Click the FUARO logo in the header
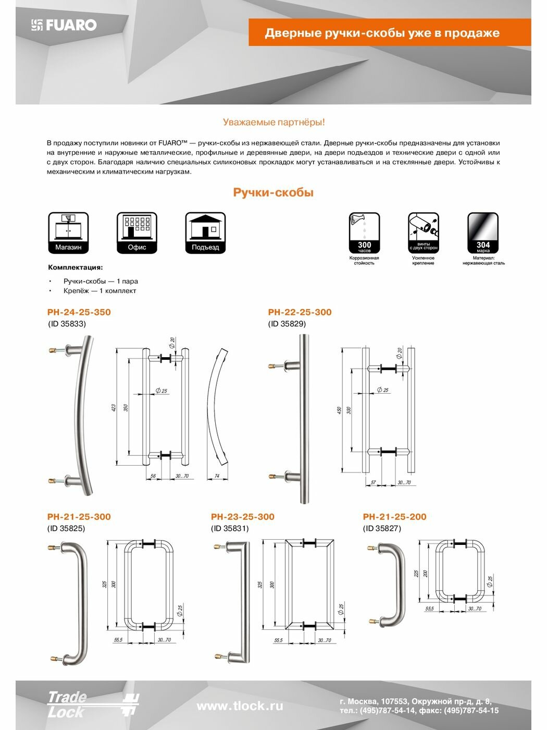pos(64,25)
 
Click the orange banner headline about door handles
pos(382,33)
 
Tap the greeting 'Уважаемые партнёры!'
pos(273,122)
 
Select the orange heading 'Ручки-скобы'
pos(273,192)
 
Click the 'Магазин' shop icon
pos(68,233)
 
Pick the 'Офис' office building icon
pos(137,233)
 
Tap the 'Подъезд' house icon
pos(205,233)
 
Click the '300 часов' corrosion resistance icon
pos(364,233)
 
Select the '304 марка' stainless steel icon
pos(483,233)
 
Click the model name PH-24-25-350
pos(79,312)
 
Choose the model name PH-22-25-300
pos(300,312)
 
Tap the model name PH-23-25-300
pos(242,517)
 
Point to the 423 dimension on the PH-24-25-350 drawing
pos(114,408)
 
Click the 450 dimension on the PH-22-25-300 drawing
pos(339,410)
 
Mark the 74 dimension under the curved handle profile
pos(217,476)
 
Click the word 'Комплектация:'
pos(76,267)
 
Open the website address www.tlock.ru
pos(240,706)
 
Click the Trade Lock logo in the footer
pos(93,705)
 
